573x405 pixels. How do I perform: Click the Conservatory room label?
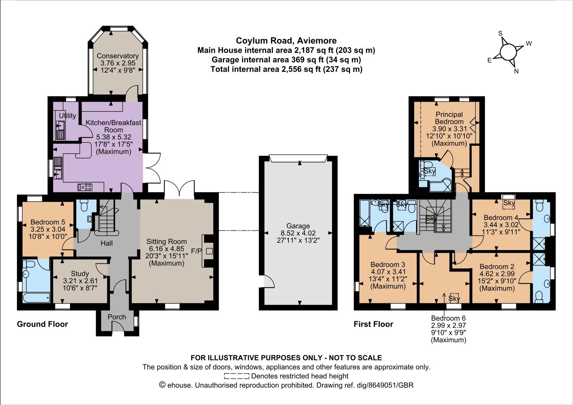[118, 56]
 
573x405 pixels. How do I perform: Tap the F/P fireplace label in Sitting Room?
[196, 252]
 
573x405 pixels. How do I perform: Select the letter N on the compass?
[516, 71]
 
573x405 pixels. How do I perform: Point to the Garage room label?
[298, 226]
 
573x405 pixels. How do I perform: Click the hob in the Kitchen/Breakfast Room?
[85, 186]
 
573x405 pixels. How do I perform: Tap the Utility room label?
[67, 116]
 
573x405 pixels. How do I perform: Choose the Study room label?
[80, 274]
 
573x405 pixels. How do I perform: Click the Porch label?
[117, 317]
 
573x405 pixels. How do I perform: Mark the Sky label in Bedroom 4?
[509, 203]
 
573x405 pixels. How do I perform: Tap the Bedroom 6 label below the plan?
[448, 318]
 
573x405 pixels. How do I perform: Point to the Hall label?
[107, 243]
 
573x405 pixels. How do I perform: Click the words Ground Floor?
[43, 324]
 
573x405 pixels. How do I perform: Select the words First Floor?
[373, 324]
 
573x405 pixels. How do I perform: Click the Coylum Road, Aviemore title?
[286, 40]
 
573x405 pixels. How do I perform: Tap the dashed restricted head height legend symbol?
[236, 376]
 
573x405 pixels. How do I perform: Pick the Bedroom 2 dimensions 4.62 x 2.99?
[497, 274]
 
